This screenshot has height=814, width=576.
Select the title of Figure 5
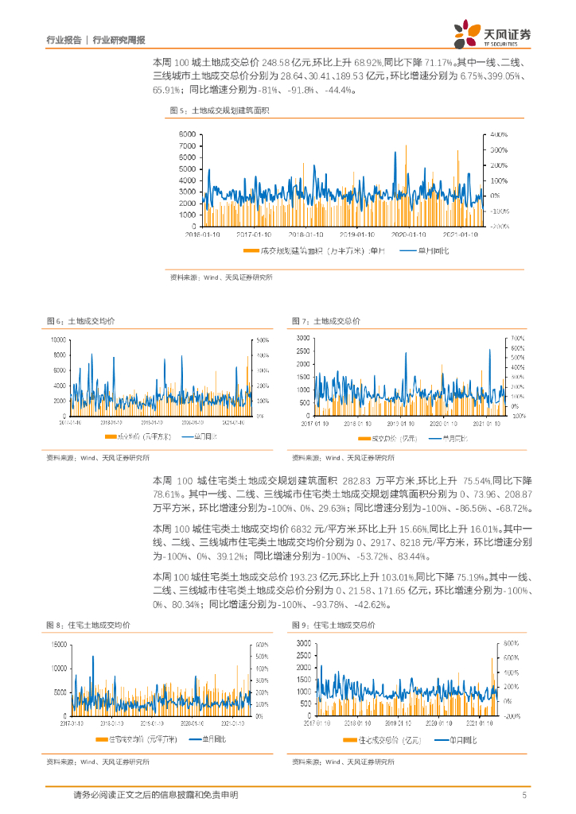point(220,110)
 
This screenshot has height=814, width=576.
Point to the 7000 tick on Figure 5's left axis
point(188,145)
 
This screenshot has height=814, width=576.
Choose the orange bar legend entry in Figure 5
point(318,251)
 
